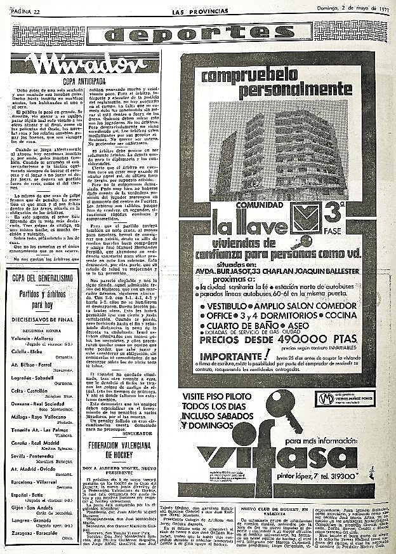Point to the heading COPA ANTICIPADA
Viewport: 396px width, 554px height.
click(x=83, y=81)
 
